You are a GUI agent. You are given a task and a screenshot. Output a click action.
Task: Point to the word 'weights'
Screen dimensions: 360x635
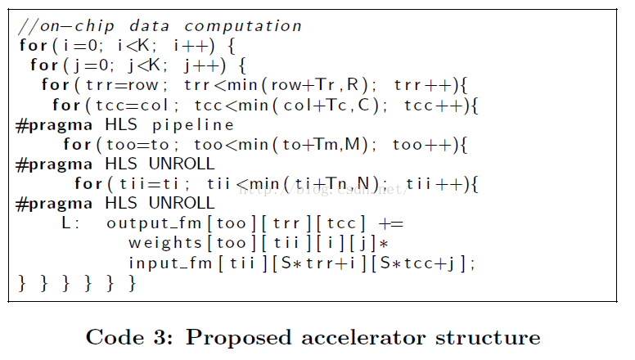click(x=164, y=243)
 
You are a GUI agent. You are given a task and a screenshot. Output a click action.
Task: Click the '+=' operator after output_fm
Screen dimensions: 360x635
click(x=392, y=223)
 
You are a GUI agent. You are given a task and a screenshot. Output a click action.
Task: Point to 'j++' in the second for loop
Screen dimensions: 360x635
click(x=202, y=65)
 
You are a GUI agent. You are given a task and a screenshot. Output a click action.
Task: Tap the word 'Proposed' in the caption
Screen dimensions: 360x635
click(x=225, y=337)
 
